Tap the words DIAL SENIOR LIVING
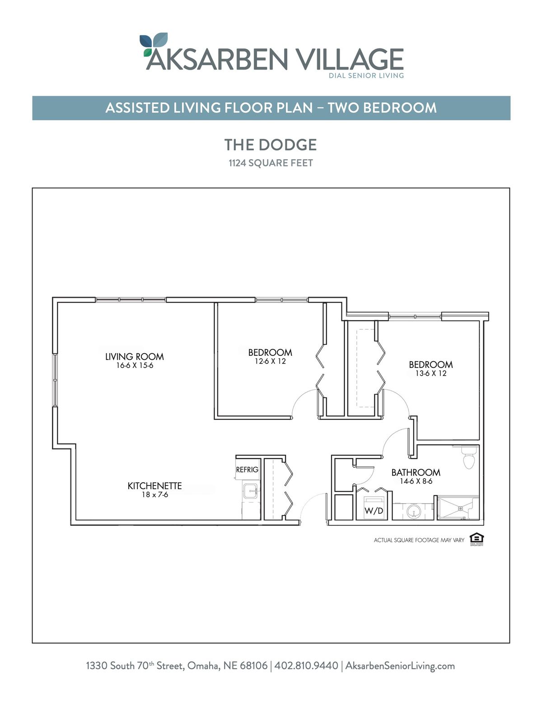pyautogui.click(x=366, y=75)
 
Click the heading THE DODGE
pyautogui.click(x=271, y=145)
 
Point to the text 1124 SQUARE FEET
pyautogui.click(x=271, y=163)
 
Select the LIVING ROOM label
pyautogui.click(x=135, y=357)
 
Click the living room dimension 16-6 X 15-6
pyautogui.click(x=135, y=366)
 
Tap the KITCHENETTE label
pyautogui.click(x=154, y=486)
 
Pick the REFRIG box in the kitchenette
pyautogui.click(x=247, y=469)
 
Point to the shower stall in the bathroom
pyautogui.click(x=458, y=508)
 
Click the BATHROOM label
pyautogui.click(x=416, y=473)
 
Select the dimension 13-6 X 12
pyautogui.click(x=431, y=373)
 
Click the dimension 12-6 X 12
pyautogui.click(x=271, y=361)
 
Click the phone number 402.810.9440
pyautogui.click(x=306, y=665)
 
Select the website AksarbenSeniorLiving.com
pyautogui.click(x=400, y=666)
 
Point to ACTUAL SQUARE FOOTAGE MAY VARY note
pyautogui.click(x=419, y=540)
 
